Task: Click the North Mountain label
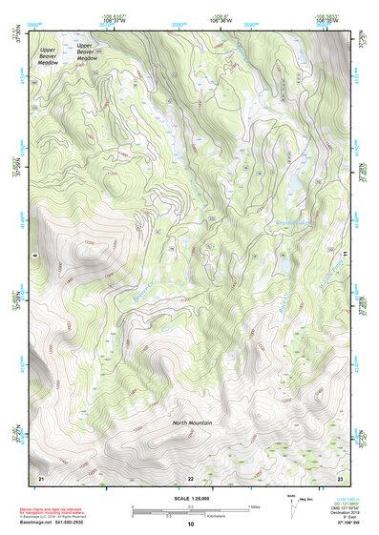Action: click(x=192, y=422)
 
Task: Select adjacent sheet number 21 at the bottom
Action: click(x=41, y=476)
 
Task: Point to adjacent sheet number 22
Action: click(x=190, y=477)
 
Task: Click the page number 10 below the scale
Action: click(x=191, y=525)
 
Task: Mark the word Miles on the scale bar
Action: click(x=254, y=505)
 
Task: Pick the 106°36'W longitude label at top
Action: click(x=223, y=19)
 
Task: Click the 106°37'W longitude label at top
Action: click(x=112, y=19)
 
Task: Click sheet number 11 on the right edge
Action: click(x=343, y=256)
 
